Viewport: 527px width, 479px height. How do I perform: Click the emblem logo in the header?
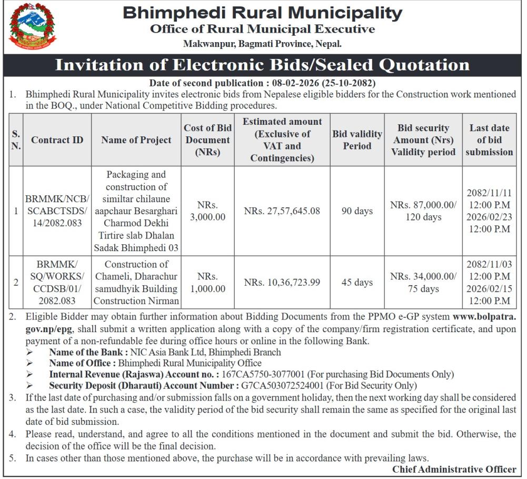point(32,26)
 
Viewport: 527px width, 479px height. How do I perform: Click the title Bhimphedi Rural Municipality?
point(262,13)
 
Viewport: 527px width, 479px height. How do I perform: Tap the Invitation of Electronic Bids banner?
point(262,65)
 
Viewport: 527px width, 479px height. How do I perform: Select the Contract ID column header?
point(57,140)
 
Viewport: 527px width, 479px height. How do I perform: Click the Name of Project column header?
point(136,140)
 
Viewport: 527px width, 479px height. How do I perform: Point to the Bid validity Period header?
point(357,140)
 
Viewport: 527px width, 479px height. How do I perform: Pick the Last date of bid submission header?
point(489,140)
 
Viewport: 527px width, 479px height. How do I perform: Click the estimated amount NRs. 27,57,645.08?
point(282,211)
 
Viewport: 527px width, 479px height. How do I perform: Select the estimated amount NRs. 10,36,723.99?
point(282,283)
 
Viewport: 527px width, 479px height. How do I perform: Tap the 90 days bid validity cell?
point(357,211)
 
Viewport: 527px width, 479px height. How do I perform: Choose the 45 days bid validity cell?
point(357,283)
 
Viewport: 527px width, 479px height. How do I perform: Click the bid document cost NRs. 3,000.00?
point(207,211)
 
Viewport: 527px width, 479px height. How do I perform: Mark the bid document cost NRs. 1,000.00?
point(207,283)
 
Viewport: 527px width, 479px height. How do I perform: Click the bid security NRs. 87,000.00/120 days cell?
point(423,211)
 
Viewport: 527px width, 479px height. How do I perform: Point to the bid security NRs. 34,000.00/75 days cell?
point(423,283)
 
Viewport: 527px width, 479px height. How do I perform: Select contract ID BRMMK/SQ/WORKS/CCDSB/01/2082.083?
point(57,283)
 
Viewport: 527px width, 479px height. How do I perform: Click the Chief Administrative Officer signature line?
point(454,469)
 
